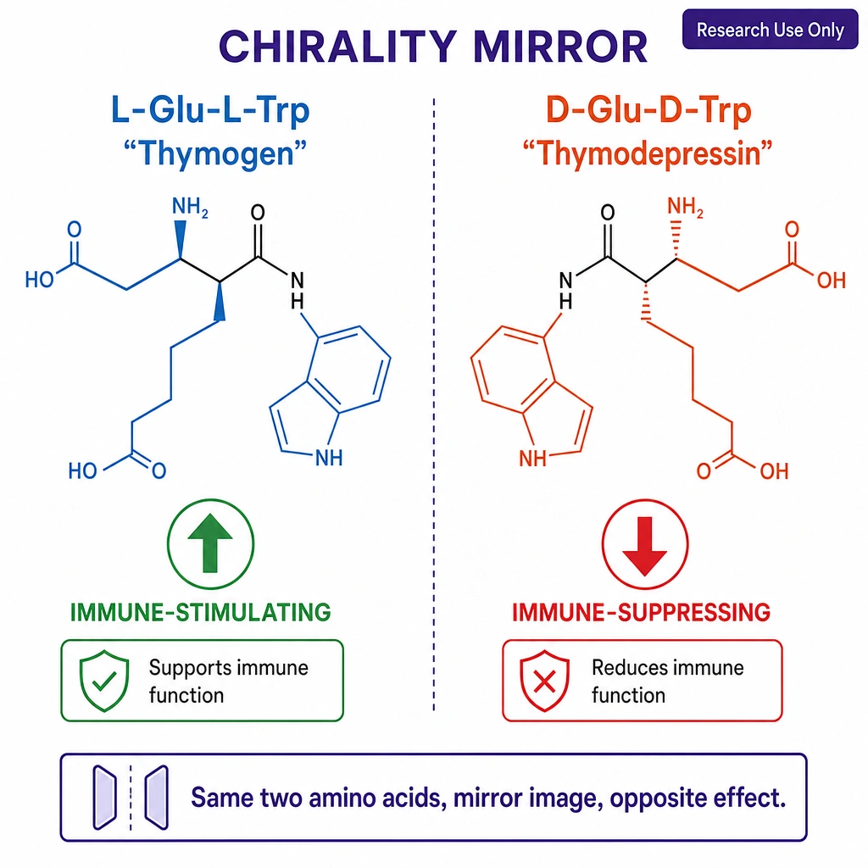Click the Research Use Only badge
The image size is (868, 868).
(770, 30)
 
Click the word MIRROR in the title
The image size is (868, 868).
(561, 47)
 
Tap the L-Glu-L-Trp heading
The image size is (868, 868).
(210, 109)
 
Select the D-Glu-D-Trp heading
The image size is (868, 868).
(648, 109)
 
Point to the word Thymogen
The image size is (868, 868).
(215, 153)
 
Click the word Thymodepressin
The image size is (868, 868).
(647, 153)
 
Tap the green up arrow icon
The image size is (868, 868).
(210, 543)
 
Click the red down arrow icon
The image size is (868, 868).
(645, 543)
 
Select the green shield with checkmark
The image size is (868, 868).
(104, 681)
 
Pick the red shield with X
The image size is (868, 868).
(545, 681)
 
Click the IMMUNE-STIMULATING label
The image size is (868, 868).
(200, 612)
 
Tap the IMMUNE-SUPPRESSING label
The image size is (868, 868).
(641, 612)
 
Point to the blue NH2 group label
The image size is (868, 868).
(190, 207)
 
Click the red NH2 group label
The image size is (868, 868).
(685, 207)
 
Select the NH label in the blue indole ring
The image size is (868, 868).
(329, 458)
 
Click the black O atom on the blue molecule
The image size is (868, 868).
(258, 212)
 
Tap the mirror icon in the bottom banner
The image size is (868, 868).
(131, 798)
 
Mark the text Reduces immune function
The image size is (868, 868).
(668, 682)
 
